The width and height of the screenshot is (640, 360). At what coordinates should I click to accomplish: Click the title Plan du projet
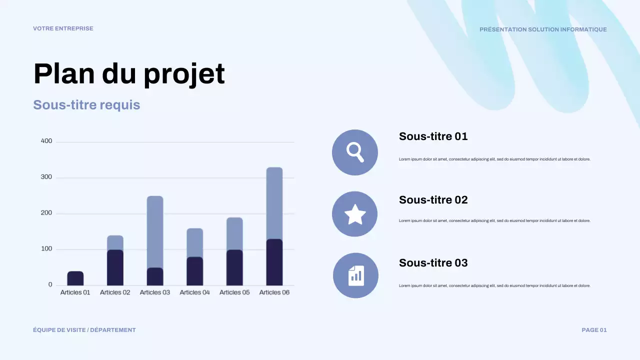pyautogui.click(x=129, y=73)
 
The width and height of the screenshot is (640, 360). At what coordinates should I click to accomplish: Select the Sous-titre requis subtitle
pyautogui.click(x=86, y=105)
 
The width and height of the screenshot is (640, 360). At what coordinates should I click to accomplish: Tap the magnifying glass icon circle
pyautogui.click(x=355, y=152)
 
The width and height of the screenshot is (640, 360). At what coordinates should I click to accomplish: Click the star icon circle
pyautogui.click(x=355, y=214)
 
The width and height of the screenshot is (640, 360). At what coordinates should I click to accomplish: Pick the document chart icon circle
pyautogui.click(x=355, y=275)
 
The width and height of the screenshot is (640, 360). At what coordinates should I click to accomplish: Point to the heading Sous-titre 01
pyautogui.click(x=433, y=136)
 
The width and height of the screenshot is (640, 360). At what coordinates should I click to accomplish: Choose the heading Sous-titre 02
pyautogui.click(x=433, y=200)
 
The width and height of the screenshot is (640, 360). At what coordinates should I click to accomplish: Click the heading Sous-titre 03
pyautogui.click(x=433, y=263)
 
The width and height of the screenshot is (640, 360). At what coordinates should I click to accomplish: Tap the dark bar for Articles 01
pyautogui.click(x=75, y=278)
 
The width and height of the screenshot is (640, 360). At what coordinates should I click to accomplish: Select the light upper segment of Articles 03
pyautogui.click(x=155, y=231)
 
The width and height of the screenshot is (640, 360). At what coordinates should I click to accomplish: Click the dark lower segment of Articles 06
pyautogui.click(x=274, y=262)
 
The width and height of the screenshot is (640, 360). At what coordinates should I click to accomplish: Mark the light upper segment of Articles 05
pyautogui.click(x=234, y=233)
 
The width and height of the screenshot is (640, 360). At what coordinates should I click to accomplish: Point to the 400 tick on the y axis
pyautogui.click(x=46, y=141)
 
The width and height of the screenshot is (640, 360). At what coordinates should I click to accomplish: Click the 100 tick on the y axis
pyautogui.click(x=46, y=249)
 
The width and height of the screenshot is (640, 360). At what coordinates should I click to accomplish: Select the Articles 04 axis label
pyautogui.click(x=194, y=292)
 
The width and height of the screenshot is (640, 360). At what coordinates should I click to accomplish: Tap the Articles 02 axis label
pyautogui.click(x=115, y=292)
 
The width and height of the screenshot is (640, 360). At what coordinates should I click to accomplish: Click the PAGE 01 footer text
pyautogui.click(x=594, y=330)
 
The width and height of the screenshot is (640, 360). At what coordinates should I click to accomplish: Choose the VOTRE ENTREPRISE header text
pyautogui.click(x=63, y=28)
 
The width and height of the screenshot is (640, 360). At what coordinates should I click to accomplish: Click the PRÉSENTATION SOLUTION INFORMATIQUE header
pyautogui.click(x=543, y=29)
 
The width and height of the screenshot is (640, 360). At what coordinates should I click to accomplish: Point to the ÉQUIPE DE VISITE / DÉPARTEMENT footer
pyautogui.click(x=84, y=330)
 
